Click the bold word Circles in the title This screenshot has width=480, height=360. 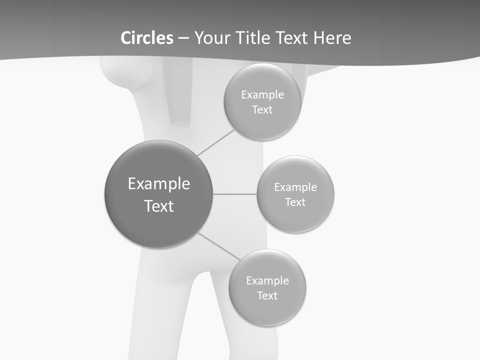click(147, 38)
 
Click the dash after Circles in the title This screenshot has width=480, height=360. click(183, 38)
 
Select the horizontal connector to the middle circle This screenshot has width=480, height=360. click(234, 194)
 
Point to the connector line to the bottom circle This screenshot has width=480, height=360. click(218, 245)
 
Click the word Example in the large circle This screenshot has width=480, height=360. click(158, 183)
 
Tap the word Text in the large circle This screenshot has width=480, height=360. click(158, 206)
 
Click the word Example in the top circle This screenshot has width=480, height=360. click(262, 95)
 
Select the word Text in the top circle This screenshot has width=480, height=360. click(262, 110)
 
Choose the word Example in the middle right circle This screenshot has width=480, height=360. click(295, 187)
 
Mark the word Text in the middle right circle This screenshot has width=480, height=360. click(295, 202)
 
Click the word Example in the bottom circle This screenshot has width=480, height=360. click(267, 281)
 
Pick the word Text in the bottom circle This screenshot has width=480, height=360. click(267, 296)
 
